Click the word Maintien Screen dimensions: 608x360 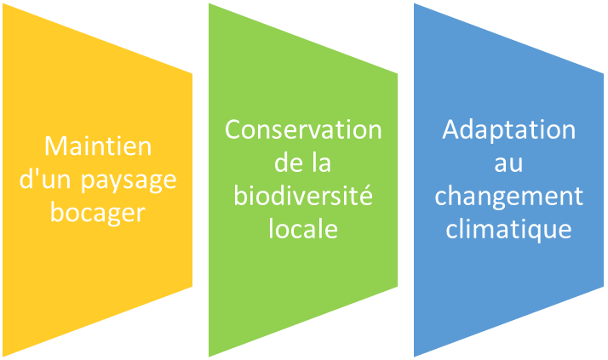click(x=98, y=146)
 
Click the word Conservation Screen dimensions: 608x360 click(x=303, y=129)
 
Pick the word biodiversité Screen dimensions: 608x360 click(x=303, y=195)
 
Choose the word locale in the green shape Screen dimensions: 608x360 click(x=303, y=228)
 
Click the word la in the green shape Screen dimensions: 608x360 click(x=322, y=163)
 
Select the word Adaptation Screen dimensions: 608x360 click(x=508, y=130)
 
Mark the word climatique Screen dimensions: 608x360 click(x=508, y=230)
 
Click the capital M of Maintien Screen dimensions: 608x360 click(x=54, y=146)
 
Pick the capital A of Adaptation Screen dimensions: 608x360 click(x=451, y=129)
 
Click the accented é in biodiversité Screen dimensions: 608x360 click(x=365, y=195)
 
